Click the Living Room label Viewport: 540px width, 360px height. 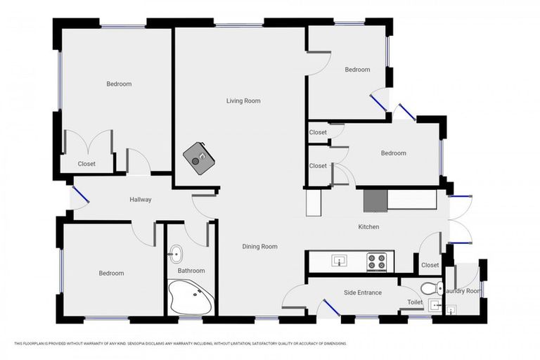(x=243, y=101)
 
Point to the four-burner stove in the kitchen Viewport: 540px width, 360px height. (x=376, y=262)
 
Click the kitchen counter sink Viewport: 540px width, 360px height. (x=339, y=262)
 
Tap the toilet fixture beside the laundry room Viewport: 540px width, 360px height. (x=430, y=288)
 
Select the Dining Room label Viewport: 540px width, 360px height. (x=259, y=247)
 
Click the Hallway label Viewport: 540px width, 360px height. (x=141, y=200)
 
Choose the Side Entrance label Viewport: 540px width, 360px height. (x=363, y=292)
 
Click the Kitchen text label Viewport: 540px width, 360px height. (x=368, y=227)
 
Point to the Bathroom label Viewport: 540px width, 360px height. (x=191, y=271)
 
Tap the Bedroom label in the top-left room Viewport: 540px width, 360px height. (x=119, y=84)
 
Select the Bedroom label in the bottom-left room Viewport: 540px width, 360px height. (x=111, y=274)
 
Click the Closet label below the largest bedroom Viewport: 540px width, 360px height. (x=86, y=164)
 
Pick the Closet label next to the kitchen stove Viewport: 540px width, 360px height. (x=430, y=265)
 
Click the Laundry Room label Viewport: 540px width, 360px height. (x=464, y=291)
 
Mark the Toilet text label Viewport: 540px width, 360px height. (x=415, y=302)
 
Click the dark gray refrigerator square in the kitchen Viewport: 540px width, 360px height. (x=375, y=200)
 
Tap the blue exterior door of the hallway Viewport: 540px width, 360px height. (x=81, y=195)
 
